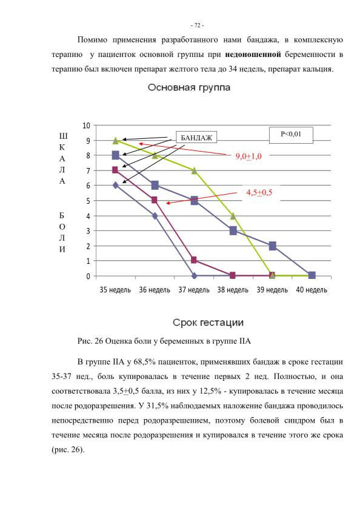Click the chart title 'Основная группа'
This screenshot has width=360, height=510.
(x=189, y=87)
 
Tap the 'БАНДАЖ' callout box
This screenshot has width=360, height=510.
(x=196, y=138)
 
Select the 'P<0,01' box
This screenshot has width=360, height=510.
(x=291, y=135)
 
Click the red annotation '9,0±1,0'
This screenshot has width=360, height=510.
(x=248, y=156)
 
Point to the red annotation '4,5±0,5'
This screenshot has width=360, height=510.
(x=259, y=192)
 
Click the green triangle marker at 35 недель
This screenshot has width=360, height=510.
(x=115, y=141)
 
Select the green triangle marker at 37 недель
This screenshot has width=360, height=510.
(x=194, y=170)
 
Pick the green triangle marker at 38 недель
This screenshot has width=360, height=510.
(x=233, y=216)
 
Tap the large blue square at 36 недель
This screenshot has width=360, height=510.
(x=155, y=186)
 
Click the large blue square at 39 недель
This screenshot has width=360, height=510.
(x=273, y=246)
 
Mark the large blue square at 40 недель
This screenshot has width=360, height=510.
(x=312, y=275)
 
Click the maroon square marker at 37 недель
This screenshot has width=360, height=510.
(x=194, y=260)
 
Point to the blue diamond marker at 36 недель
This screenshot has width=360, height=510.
(x=155, y=216)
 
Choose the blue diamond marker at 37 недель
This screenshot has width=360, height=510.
(x=194, y=276)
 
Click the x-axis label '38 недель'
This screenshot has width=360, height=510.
(x=233, y=289)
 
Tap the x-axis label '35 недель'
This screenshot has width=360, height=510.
(x=115, y=289)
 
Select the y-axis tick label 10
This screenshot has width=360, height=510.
(x=86, y=126)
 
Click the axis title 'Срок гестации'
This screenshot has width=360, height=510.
(x=208, y=323)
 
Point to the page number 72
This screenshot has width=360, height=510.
(x=197, y=25)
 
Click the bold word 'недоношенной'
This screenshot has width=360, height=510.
(x=253, y=55)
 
